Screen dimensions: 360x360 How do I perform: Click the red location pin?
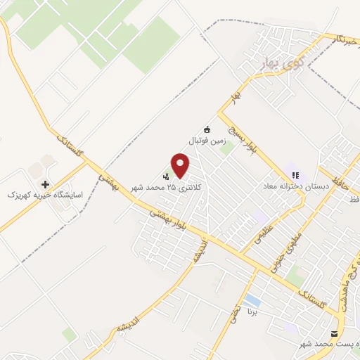(x=181, y=166)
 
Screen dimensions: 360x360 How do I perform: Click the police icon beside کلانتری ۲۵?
(x=167, y=176)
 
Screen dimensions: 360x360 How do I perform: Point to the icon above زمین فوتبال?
(x=207, y=129)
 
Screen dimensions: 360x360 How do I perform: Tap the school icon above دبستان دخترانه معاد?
(x=295, y=174)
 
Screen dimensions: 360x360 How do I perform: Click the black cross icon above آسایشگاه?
(x=46, y=183)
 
